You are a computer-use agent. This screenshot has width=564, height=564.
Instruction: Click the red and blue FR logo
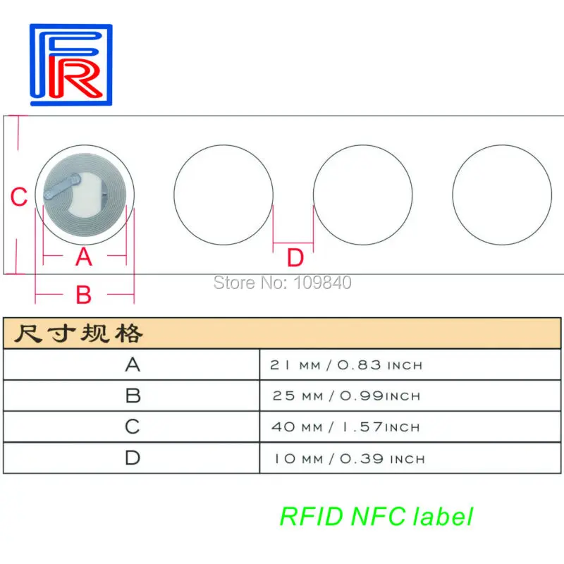pos(70,64)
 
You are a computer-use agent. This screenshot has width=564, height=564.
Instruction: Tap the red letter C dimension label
pos(20,197)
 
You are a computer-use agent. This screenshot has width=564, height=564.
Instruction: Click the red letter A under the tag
pos(84,257)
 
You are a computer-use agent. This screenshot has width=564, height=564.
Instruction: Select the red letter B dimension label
pos(84,295)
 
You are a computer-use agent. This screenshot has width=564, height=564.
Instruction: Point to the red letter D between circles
pos(295,258)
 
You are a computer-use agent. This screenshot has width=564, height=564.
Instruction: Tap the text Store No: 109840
pos(282,283)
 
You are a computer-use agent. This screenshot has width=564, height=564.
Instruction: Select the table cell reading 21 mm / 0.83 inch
pos(346,365)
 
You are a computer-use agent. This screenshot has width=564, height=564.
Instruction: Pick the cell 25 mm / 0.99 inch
pos(346,396)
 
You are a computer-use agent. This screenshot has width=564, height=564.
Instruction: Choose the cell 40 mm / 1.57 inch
pos(346,427)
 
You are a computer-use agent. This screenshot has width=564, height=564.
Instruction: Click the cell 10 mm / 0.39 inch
pos(349,458)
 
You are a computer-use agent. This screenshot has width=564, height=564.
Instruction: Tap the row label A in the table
pos(133,364)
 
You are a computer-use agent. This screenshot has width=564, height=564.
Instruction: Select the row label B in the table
pos(133,396)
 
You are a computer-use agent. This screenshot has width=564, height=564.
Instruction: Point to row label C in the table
pos(133,427)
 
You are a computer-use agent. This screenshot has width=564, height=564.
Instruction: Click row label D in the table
pos(133,458)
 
